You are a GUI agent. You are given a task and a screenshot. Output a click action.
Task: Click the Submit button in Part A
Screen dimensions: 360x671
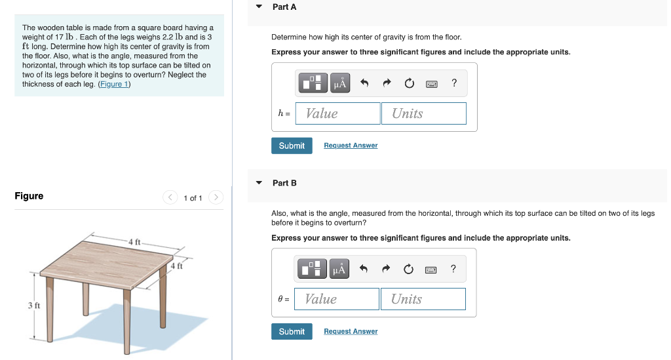coord(292,146)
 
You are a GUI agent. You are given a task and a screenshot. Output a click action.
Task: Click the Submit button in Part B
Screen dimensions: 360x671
coord(292,332)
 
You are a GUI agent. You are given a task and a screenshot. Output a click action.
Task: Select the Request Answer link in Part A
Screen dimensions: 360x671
coord(351,146)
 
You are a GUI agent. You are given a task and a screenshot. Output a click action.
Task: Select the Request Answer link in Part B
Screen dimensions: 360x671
coord(351,332)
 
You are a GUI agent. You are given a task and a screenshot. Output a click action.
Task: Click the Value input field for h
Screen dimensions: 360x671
coord(337,113)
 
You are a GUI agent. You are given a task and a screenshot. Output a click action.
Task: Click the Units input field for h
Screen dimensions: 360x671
coord(423,113)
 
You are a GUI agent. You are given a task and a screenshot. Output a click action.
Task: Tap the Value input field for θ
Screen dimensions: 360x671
coord(337,299)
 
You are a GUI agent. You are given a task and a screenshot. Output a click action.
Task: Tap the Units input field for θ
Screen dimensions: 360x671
coord(423,299)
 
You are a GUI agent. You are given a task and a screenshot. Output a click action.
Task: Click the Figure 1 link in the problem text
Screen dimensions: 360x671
coord(114,84)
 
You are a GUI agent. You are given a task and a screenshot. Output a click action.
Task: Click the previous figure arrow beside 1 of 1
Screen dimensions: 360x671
coord(170,197)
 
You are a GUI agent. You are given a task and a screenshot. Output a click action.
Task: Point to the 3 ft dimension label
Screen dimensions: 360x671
coord(34,306)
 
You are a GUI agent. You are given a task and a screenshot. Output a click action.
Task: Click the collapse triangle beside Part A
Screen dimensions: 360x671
coord(259,7)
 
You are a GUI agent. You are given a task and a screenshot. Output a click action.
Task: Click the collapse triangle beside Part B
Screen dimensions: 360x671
coord(259,183)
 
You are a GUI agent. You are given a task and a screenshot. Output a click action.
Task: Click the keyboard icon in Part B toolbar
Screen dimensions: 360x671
coord(431,270)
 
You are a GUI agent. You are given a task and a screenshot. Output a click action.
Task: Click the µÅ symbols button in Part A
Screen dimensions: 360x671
coord(339,83)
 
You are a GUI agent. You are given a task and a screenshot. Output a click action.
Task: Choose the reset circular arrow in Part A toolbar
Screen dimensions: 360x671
coord(409,83)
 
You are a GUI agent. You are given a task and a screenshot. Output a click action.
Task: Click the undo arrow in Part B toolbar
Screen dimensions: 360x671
coord(364,270)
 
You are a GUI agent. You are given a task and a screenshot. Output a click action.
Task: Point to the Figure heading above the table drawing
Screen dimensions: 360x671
coord(29,196)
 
